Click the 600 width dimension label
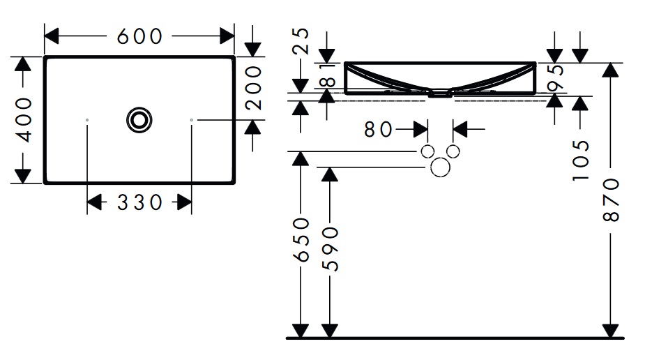[x=139, y=36]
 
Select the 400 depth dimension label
[x=24, y=119]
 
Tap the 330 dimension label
[x=139, y=203]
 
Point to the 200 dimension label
[x=253, y=87]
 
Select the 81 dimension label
[x=326, y=76]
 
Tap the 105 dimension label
[x=580, y=160]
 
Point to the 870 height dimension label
[x=611, y=200]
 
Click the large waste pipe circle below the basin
[x=441, y=167]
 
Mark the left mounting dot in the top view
[x=87, y=121]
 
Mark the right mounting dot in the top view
[x=192, y=121]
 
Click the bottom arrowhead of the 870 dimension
[x=611, y=331]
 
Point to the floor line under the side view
[x=453, y=338]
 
